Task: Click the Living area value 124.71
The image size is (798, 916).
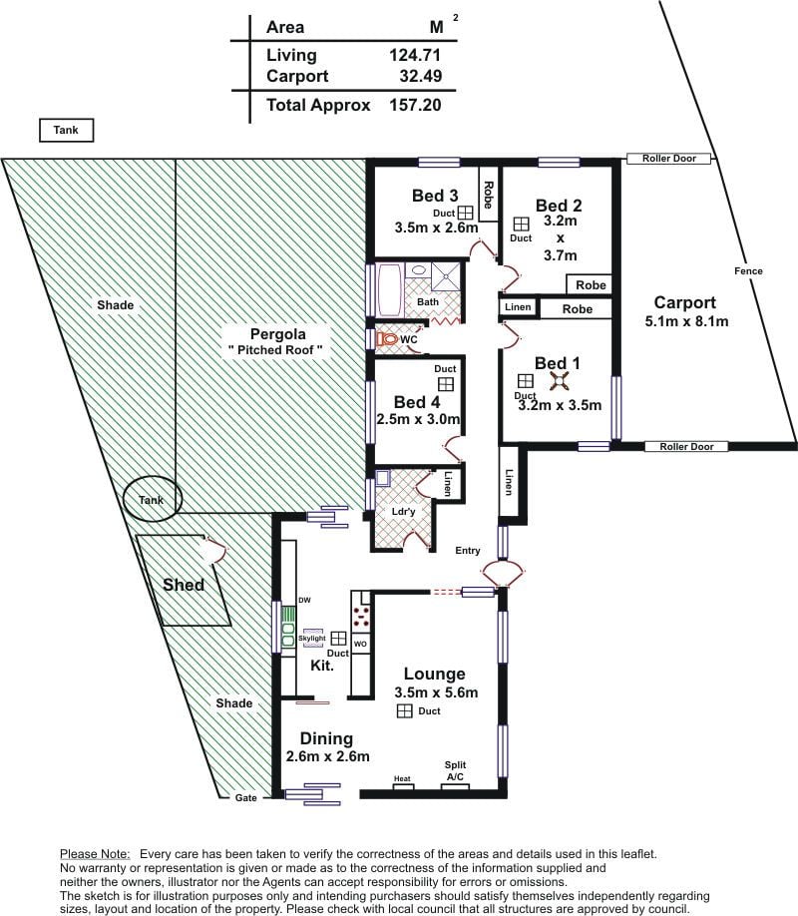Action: pos(415,55)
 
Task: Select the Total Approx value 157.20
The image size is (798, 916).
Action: pos(415,105)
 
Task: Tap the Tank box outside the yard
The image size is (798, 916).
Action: pos(66,131)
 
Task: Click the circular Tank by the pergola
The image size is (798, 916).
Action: pos(153,498)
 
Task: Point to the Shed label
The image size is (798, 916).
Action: pos(184,585)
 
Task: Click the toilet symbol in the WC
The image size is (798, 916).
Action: pos(387,339)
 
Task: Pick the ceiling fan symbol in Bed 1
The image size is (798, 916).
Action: pos(559,381)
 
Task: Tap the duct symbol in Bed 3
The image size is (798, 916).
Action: pos(465,213)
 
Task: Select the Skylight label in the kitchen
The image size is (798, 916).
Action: pos(312,638)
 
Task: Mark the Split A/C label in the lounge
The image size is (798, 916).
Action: pos(455,770)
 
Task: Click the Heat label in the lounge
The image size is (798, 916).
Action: pos(402,778)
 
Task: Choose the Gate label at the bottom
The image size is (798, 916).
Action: pos(246,798)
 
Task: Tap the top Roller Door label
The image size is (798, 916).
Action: pos(669,159)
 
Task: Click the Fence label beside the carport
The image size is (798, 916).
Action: pos(748,271)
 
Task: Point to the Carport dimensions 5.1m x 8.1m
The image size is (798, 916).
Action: pos(686,321)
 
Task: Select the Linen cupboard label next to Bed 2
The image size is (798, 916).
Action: pos(518,306)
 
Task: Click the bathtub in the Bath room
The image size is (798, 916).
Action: pos(389,289)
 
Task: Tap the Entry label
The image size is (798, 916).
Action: pos(468,551)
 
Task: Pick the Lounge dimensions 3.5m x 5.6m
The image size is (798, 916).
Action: pos(436,692)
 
